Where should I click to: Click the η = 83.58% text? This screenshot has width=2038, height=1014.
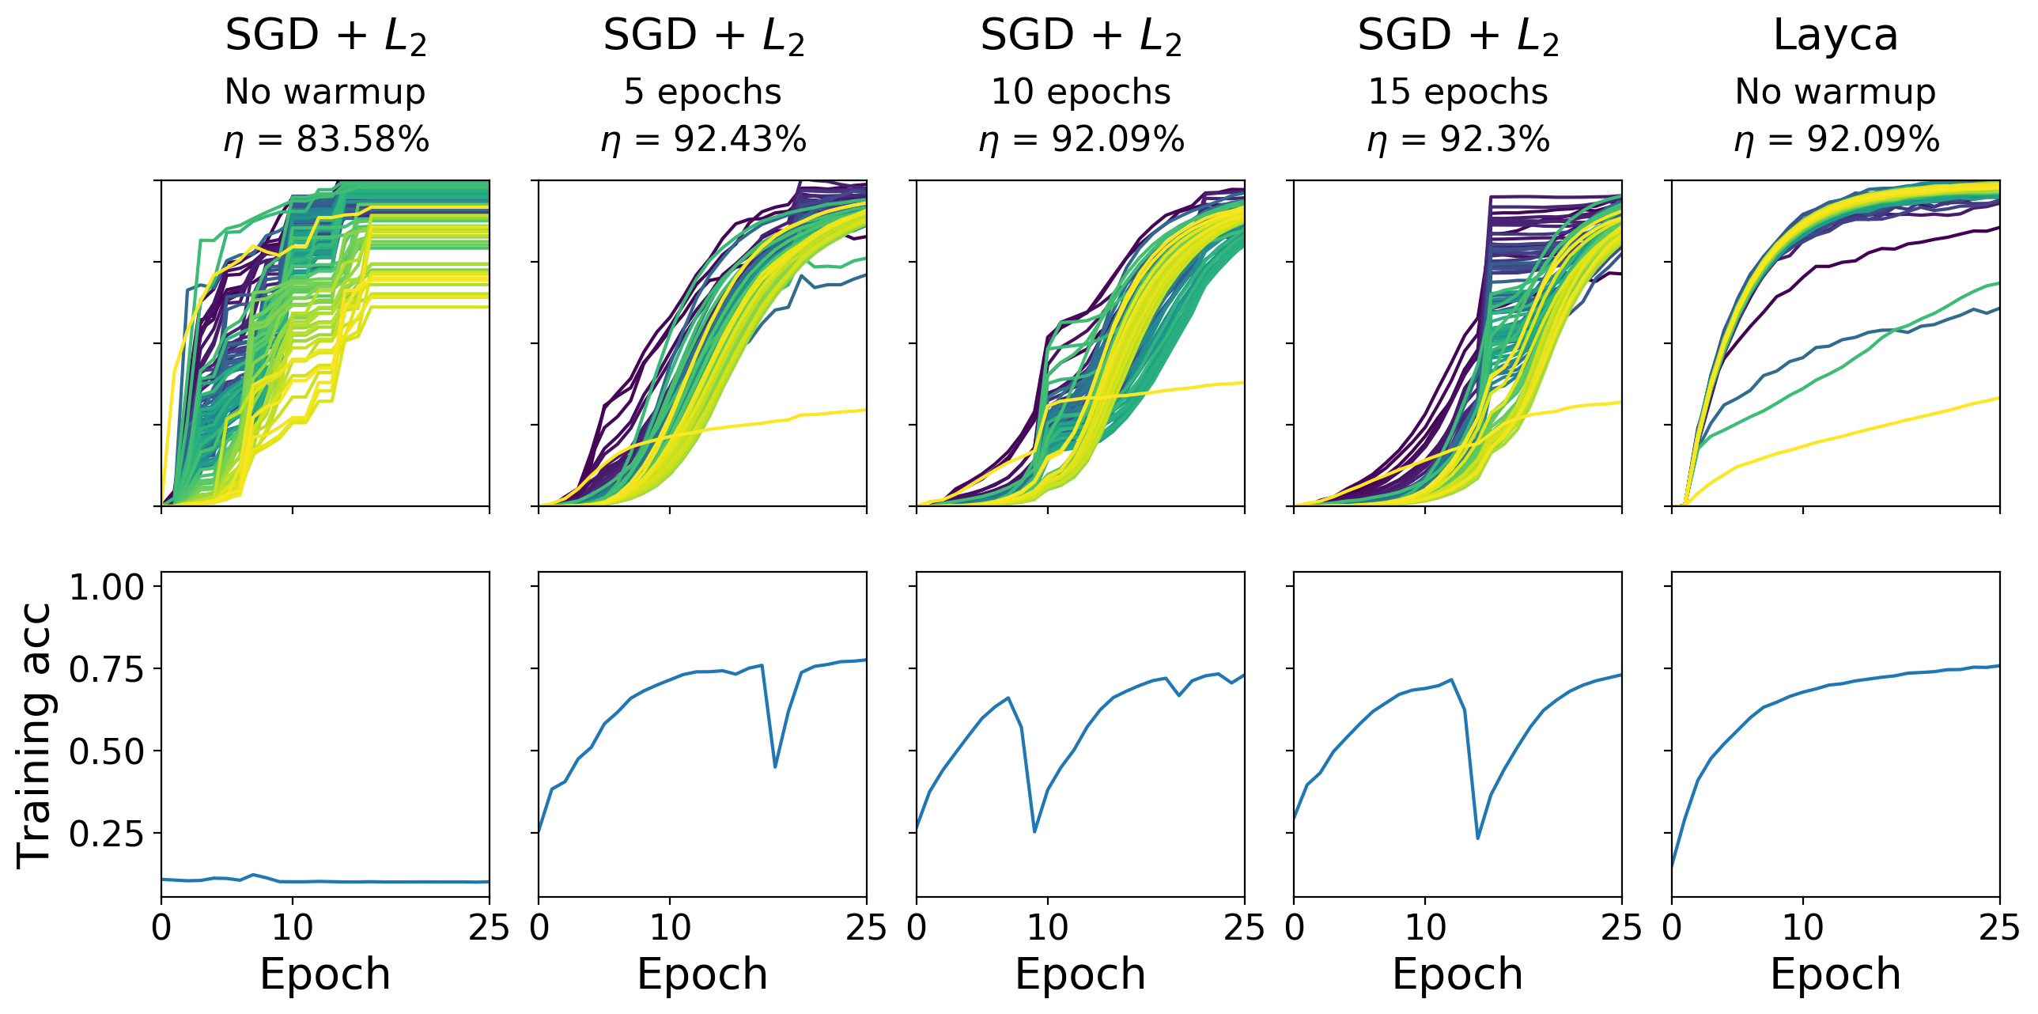[x=326, y=140]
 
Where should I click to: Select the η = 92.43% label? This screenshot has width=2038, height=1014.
[x=703, y=140]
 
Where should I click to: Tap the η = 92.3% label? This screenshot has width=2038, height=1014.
[x=1458, y=140]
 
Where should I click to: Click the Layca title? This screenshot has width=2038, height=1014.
[x=1836, y=36]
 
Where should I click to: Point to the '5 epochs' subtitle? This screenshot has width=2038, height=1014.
[x=702, y=92]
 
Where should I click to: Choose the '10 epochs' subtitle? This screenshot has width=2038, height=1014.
[x=1081, y=92]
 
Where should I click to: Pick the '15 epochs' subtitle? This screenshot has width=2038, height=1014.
[x=1458, y=92]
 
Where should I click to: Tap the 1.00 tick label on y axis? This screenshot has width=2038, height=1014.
[x=107, y=587]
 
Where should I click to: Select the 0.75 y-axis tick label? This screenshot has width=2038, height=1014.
[x=107, y=669]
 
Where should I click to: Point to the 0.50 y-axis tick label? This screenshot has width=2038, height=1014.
[x=107, y=751]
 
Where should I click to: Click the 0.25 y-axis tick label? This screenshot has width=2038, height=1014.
[x=107, y=833]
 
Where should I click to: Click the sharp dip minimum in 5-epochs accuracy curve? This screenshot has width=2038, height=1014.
[x=775, y=766]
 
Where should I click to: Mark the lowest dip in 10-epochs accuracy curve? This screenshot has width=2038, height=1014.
[x=1035, y=831]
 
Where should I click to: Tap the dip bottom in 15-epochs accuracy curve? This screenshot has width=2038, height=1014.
[x=1478, y=838]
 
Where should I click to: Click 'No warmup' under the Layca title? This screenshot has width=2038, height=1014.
[x=1836, y=92]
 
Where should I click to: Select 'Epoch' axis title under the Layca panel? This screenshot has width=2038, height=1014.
[x=1836, y=974]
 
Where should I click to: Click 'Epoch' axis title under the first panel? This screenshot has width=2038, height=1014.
[x=325, y=974]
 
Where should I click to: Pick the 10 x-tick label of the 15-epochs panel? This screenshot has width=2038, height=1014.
[x=1425, y=927]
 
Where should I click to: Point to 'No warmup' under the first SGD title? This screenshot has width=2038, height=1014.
[x=325, y=92]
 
